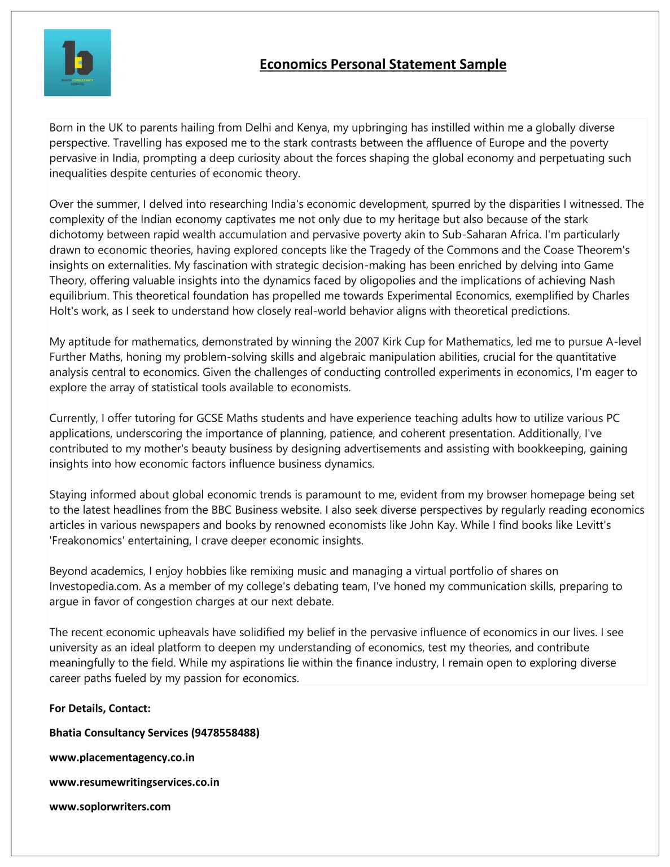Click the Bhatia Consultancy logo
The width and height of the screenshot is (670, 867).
[x=77, y=63]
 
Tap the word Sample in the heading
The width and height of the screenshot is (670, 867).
[x=482, y=64]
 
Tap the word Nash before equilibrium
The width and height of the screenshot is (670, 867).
[x=602, y=281]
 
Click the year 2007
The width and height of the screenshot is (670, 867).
[x=367, y=341]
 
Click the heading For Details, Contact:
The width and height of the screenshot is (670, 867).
[x=100, y=708]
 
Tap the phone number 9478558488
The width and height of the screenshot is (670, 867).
[x=225, y=733]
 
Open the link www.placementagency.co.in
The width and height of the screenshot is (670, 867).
[x=122, y=757]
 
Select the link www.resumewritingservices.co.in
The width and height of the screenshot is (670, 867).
[x=134, y=782]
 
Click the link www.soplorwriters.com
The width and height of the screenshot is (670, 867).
[x=110, y=807]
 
